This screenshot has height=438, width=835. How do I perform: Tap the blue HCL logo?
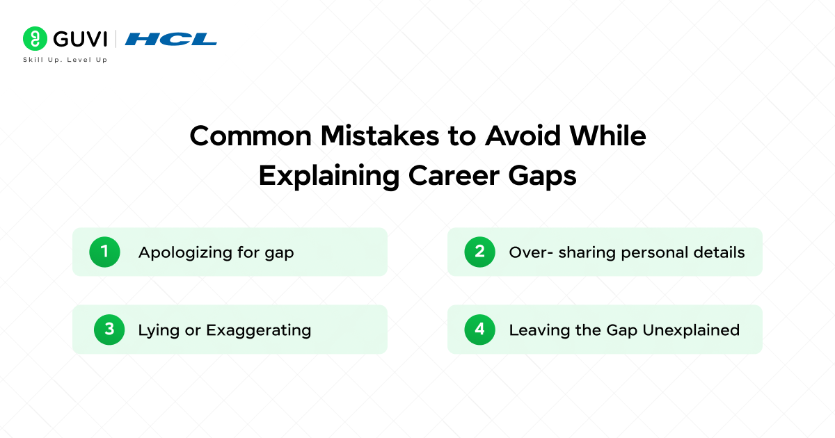tap(170, 38)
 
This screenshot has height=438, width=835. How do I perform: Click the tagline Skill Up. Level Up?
tap(65, 60)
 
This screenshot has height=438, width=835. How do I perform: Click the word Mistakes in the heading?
tap(373, 136)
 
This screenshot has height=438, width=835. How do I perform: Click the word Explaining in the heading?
tap(329, 177)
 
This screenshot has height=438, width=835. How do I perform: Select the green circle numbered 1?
tap(104, 252)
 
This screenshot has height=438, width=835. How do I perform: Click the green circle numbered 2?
tap(479, 252)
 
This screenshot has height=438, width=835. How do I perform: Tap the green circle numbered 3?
tap(109, 329)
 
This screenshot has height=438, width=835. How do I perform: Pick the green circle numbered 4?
tap(479, 329)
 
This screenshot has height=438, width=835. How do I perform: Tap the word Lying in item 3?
tap(157, 330)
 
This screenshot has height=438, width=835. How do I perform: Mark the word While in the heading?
tap(607, 136)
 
